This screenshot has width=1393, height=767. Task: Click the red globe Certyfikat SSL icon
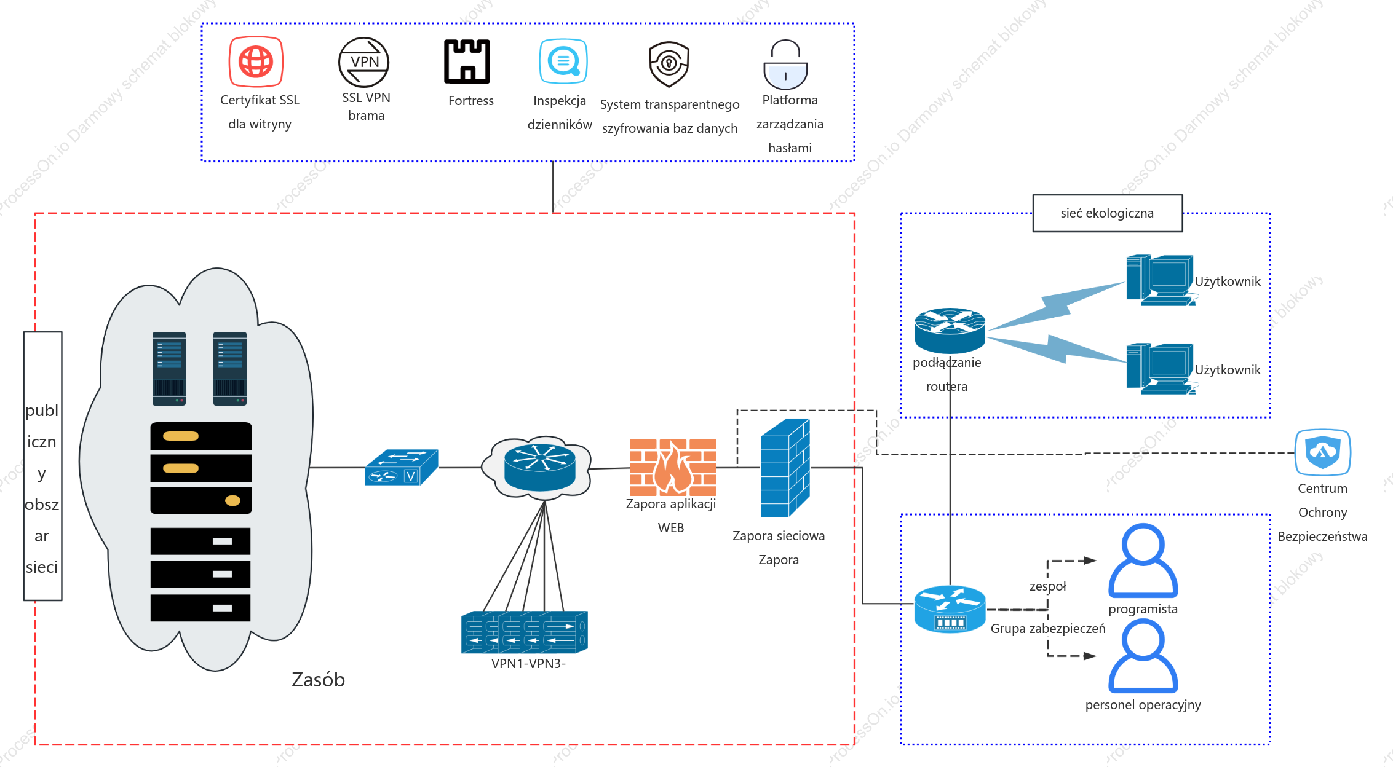tap(256, 61)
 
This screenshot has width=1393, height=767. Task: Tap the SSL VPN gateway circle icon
tap(364, 62)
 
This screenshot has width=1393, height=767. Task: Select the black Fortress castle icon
tap(467, 61)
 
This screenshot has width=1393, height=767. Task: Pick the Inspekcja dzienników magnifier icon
tap(563, 61)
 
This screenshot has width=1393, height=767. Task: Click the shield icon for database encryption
tap(669, 64)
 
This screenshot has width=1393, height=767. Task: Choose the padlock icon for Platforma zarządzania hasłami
tap(785, 65)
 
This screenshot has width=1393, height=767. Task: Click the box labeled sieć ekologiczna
tap(1107, 213)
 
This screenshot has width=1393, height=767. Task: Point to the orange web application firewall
tap(673, 468)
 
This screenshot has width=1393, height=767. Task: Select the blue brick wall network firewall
tap(785, 468)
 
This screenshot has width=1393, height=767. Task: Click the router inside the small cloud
tap(539, 467)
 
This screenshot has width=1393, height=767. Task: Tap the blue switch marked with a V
tap(401, 467)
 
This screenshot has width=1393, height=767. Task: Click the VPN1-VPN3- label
tap(528, 664)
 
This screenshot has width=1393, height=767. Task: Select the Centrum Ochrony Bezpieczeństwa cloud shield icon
tap(1323, 452)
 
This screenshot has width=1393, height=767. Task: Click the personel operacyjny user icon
tap(1143, 656)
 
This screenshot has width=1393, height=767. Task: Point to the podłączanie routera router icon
tap(950, 330)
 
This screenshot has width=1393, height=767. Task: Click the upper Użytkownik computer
tap(1160, 280)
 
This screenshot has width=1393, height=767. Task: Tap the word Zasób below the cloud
tap(318, 680)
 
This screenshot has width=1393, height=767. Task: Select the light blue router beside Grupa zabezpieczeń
tap(950, 609)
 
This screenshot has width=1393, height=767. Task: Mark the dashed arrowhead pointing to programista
tap(1090, 560)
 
